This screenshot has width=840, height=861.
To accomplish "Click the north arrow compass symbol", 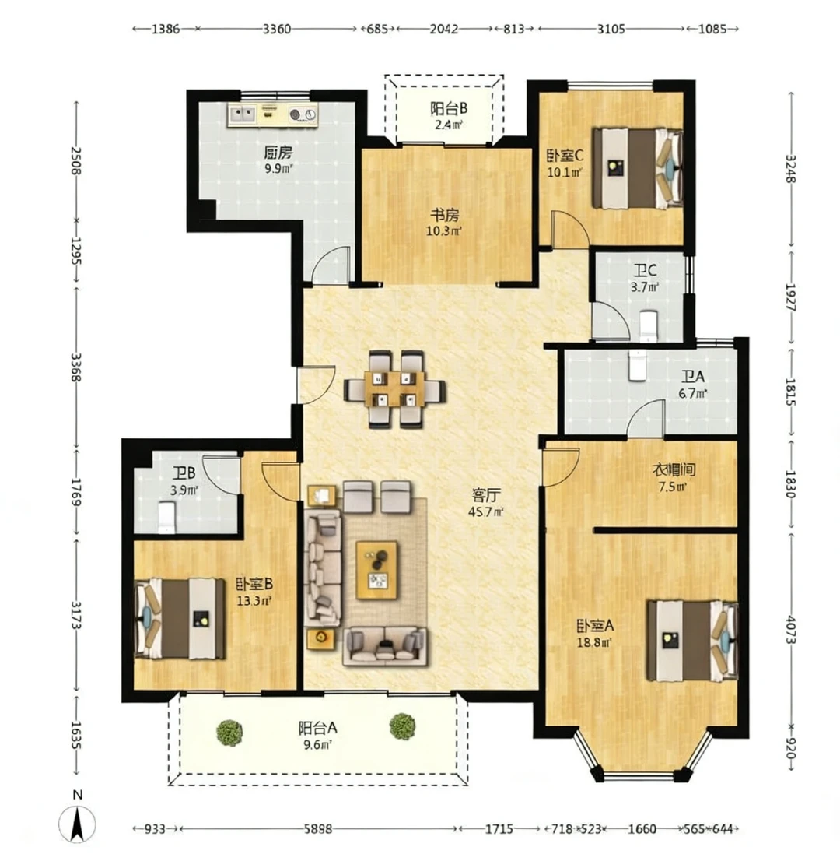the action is [x=77, y=823].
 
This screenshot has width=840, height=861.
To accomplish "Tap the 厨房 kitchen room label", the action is [x=278, y=152].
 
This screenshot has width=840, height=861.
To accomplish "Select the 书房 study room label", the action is [x=444, y=215].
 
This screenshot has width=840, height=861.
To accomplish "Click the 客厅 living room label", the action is [x=486, y=495].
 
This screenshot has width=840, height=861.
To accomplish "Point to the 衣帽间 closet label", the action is [x=674, y=470].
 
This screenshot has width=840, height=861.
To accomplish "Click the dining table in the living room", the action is [x=394, y=389].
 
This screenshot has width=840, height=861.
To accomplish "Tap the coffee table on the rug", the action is [x=377, y=569].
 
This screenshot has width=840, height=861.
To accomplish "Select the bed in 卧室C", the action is [x=637, y=168].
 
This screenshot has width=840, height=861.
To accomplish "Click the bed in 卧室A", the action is [x=692, y=640].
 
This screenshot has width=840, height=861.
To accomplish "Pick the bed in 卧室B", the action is [x=180, y=618].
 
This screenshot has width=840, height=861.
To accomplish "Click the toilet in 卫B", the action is [x=166, y=517].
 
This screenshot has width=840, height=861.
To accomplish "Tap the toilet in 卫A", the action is [x=637, y=365].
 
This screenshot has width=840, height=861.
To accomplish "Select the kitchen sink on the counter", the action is [x=242, y=114].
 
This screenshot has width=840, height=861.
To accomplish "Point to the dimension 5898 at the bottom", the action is [x=318, y=828].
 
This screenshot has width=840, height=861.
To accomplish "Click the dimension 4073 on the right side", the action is [x=791, y=629].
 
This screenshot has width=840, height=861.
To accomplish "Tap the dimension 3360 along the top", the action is [x=277, y=29].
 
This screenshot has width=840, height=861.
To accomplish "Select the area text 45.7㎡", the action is [x=486, y=512].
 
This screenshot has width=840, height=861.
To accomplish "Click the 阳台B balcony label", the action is [x=449, y=108].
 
